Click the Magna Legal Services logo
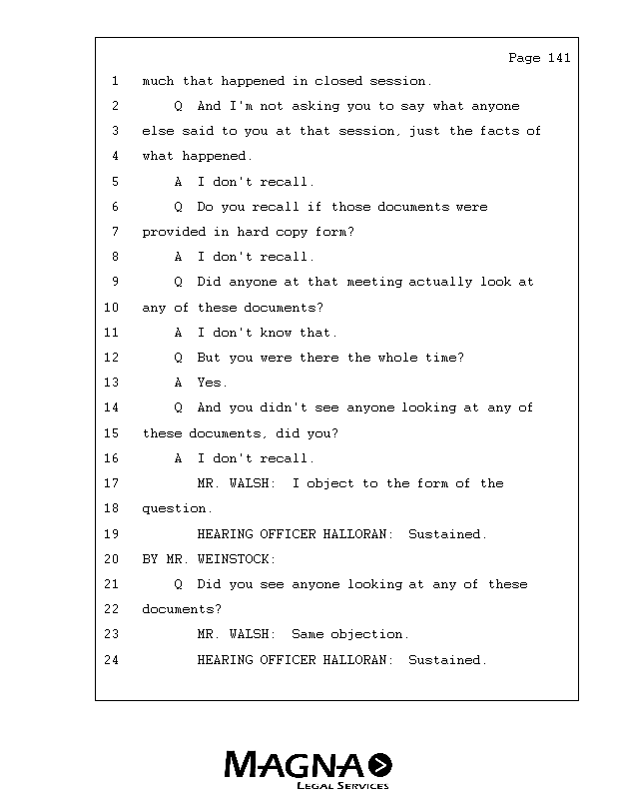click(308, 770)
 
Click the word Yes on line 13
click(212, 383)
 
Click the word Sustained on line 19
click(447, 534)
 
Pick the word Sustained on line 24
click(447, 660)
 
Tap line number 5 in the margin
click(115, 182)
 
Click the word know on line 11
click(276, 333)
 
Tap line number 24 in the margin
click(111, 660)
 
